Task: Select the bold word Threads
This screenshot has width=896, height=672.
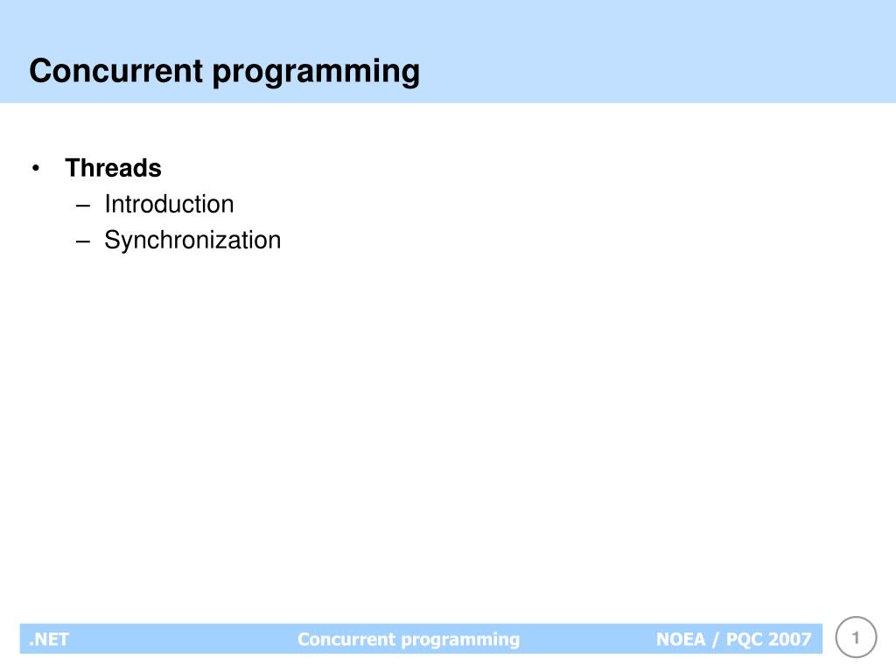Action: coord(113,167)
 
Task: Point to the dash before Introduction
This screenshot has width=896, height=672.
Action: coord(83,205)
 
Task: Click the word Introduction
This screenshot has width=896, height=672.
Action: coord(169,204)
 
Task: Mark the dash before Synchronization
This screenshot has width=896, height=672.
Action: coord(83,241)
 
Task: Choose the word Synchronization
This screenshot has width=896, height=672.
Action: coord(192,240)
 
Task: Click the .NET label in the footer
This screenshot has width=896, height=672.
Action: coord(49,639)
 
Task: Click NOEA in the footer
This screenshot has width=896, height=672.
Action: coord(681,639)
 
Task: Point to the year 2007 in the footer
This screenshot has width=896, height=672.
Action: coord(791,639)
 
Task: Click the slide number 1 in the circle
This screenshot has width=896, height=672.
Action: coord(857,637)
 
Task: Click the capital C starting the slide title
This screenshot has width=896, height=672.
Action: coord(38,71)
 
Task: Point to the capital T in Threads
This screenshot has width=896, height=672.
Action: coord(72,167)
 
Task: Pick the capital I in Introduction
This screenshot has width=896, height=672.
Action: coord(107,204)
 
